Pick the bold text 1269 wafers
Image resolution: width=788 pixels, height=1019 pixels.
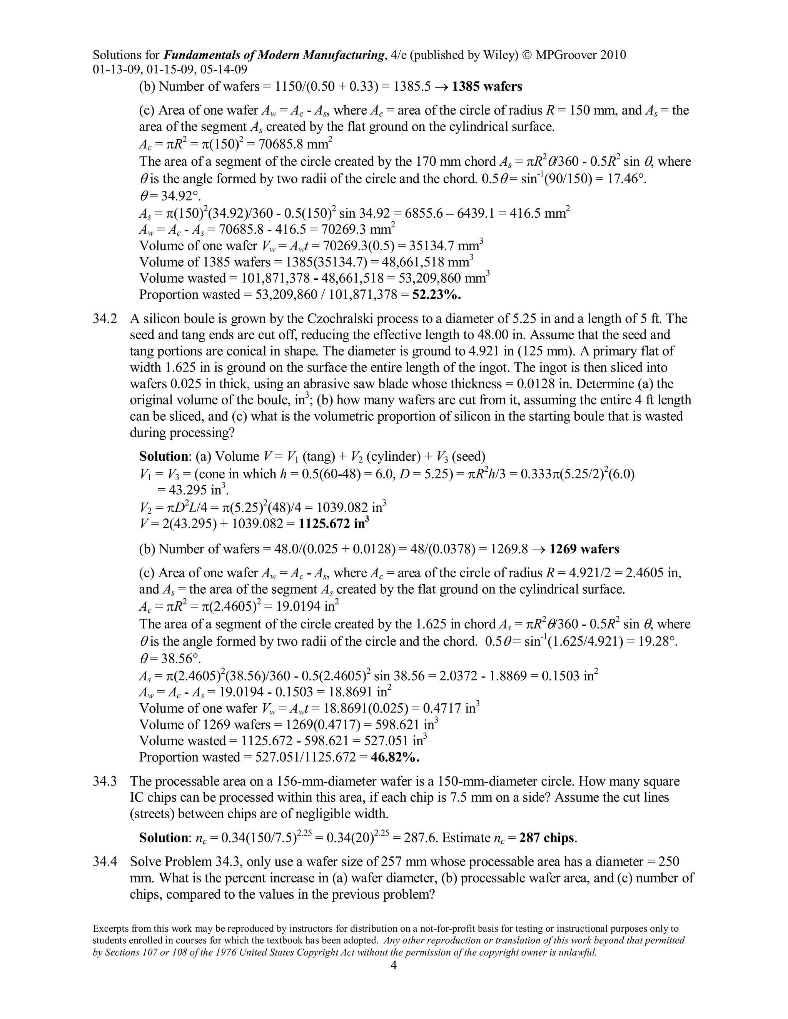(584, 549)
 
